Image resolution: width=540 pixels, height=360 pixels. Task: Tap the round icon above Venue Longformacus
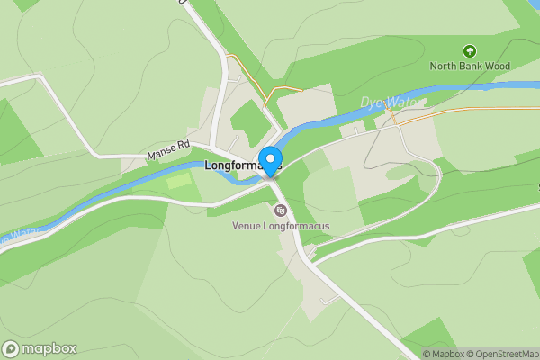281,211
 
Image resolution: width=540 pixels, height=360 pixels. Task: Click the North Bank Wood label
469,66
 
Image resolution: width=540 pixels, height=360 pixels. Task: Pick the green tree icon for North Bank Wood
468,50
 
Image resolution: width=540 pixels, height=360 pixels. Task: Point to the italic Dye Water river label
389,102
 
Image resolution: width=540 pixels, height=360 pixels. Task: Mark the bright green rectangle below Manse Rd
180,180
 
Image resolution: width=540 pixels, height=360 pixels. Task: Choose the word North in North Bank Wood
443,66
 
